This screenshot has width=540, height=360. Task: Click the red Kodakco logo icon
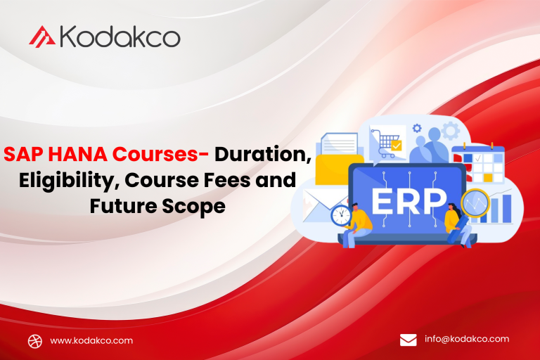click(42, 37)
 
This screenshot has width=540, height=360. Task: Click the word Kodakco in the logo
click(120, 36)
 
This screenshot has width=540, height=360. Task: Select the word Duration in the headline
click(262, 154)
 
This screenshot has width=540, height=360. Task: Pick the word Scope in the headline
click(193, 207)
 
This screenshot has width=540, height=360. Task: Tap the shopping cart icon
click(386, 143)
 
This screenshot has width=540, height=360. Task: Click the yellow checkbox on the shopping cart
click(397, 146)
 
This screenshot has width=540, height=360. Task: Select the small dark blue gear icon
click(417, 128)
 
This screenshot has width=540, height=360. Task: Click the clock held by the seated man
click(341, 216)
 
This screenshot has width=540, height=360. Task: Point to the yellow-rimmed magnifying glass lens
click(475, 203)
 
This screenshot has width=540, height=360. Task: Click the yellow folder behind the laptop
click(339, 169)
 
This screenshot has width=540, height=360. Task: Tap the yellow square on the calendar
click(488, 178)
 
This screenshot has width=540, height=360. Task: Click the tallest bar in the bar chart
click(506, 208)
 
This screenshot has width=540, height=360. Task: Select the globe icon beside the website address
click(35, 342)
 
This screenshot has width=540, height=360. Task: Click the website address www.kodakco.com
click(91, 341)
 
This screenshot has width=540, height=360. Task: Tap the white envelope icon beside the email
click(408, 340)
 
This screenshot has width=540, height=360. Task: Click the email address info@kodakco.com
click(467, 339)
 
